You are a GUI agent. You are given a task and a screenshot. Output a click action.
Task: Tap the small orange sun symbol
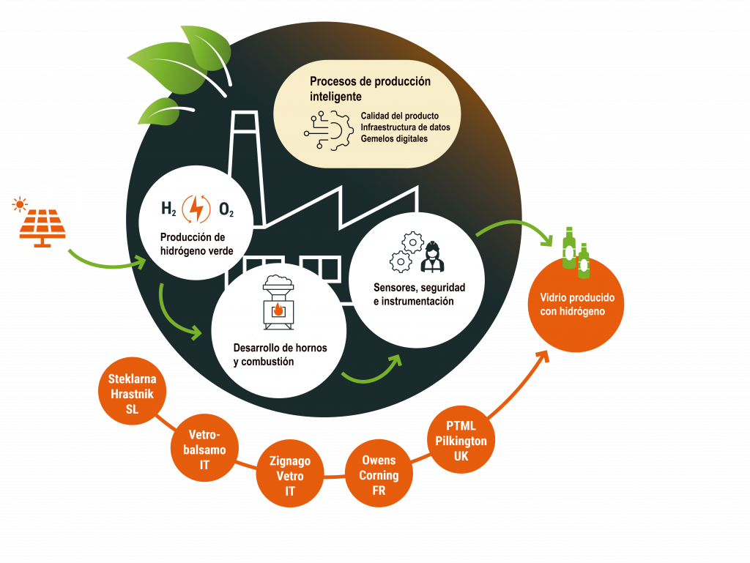coord(19,204)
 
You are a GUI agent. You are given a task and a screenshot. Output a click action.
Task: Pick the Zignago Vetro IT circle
coord(290,475)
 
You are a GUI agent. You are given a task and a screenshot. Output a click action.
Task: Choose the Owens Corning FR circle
coord(378,474)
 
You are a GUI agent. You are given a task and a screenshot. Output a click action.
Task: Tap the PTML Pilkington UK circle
coord(461,441)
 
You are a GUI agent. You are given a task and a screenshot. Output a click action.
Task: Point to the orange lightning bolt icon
coord(196,209)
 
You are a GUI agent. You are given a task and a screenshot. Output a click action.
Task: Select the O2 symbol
coord(226,209)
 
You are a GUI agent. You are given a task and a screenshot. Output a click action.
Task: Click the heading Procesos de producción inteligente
coord(370,89)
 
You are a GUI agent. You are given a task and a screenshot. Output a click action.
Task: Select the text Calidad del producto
coord(399,116)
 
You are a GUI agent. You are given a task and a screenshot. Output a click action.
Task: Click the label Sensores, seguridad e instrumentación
coord(418,294)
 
